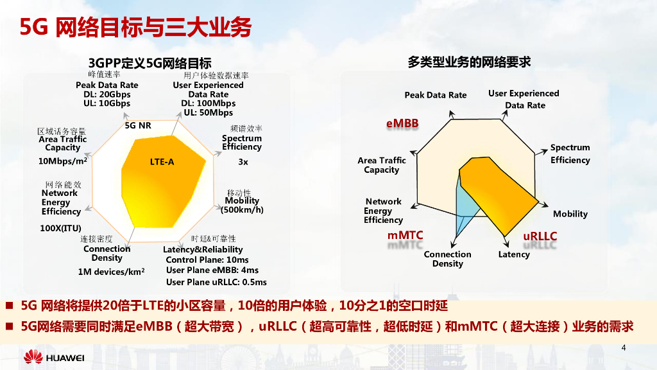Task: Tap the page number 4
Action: (x=624, y=348)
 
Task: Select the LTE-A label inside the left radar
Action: (x=162, y=162)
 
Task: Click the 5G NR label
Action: (x=138, y=125)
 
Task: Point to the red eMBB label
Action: (x=402, y=123)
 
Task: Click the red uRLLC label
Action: (x=540, y=236)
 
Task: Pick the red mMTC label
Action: (x=405, y=236)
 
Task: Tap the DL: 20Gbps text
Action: (x=107, y=94)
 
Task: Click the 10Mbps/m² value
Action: (x=63, y=161)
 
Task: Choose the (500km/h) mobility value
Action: (x=242, y=210)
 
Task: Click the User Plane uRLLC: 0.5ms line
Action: (x=216, y=282)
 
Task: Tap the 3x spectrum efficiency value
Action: (x=243, y=162)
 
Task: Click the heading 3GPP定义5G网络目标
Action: (x=150, y=63)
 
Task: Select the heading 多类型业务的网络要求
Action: (x=469, y=62)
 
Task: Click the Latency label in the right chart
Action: (x=514, y=254)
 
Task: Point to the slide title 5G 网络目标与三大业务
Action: (x=135, y=28)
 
